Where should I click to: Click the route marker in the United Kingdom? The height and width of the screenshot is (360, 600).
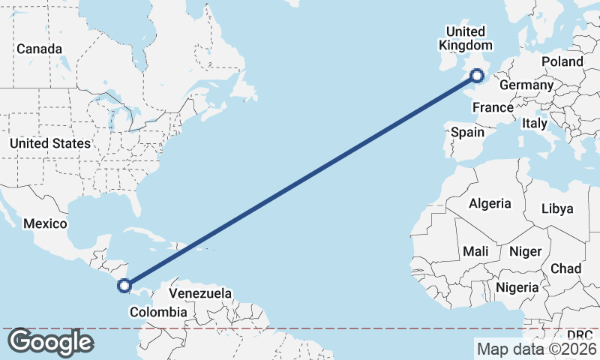(477, 75)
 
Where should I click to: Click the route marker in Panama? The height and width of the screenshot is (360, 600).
(124, 285)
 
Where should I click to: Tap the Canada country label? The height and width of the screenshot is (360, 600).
(39, 49)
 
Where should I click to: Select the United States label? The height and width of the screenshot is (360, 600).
(50, 143)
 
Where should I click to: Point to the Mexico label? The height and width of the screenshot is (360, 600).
(45, 223)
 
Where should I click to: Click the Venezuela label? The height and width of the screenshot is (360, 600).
(200, 293)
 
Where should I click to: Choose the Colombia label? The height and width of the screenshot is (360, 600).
(157, 312)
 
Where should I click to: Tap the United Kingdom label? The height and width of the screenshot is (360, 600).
(465, 38)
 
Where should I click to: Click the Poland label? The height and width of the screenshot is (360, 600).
(562, 61)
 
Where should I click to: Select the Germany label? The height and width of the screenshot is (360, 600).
(526, 85)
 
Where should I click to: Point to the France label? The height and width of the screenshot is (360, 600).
(493, 108)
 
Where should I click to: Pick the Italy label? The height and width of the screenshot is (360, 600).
(535, 123)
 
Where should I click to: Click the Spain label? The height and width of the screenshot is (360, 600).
(467, 132)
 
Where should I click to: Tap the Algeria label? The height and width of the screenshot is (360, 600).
(490, 203)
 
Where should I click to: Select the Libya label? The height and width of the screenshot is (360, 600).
(556, 208)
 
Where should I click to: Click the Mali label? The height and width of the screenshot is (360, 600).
(475, 251)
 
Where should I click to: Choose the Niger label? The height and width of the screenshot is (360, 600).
(525, 251)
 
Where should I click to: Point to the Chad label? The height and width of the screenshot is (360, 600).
(565, 268)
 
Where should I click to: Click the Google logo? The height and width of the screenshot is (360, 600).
(50, 342)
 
